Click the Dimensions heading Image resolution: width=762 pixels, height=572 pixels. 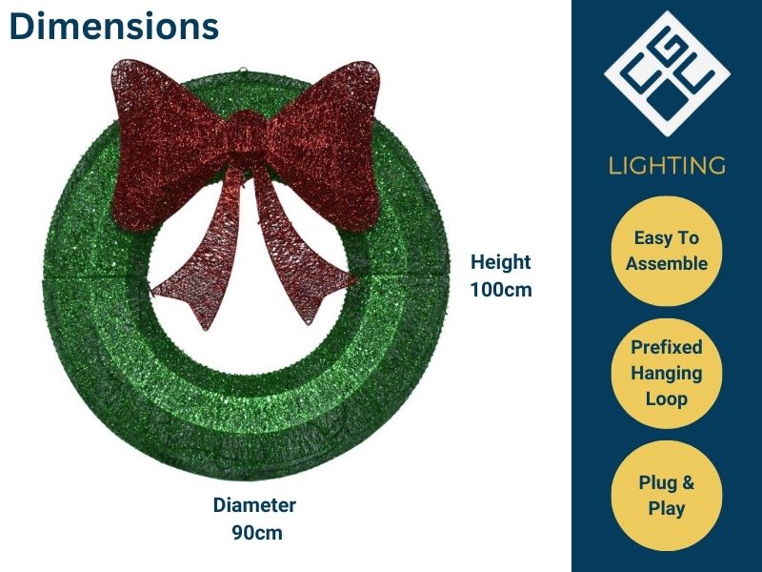point(113,27)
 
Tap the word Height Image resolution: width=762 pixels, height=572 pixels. point(500,262)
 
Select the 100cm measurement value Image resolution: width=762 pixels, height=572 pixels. point(500,289)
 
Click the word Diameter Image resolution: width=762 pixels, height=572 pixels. point(254,505)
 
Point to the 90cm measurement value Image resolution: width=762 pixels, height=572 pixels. point(256,532)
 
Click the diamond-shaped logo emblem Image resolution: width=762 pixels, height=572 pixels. point(667,72)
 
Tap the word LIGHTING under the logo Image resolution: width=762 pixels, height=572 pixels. point(667,165)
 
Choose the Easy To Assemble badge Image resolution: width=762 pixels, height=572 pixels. point(667,251)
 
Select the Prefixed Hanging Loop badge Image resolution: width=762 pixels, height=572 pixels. point(667,373)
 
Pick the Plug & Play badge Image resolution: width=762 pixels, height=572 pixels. point(667,496)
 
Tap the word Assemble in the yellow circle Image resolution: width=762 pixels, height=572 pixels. point(667,264)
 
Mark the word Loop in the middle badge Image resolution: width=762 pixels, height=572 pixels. point(667,398)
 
